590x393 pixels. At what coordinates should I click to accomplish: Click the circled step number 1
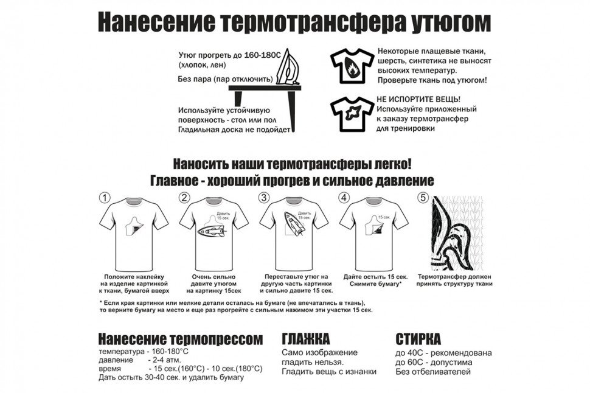tap(105, 198)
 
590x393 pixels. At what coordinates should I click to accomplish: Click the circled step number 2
tap(184, 198)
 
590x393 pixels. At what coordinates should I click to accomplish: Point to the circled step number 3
tap(264, 198)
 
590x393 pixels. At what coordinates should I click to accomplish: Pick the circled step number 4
tap(344, 198)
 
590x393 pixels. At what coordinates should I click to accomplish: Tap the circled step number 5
tap(424, 198)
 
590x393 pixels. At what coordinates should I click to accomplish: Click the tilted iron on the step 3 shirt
tap(294, 224)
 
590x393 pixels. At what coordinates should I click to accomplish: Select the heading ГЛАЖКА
tap(305, 339)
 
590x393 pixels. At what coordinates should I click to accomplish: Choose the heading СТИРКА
tap(418, 339)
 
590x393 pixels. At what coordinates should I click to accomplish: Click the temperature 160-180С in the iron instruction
tap(263, 55)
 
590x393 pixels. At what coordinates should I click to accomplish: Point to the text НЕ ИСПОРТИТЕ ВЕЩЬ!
tap(418, 100)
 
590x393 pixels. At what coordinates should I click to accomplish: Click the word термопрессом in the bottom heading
tap(217, 339)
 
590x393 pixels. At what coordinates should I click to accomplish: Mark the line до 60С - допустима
tap(434, 363)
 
